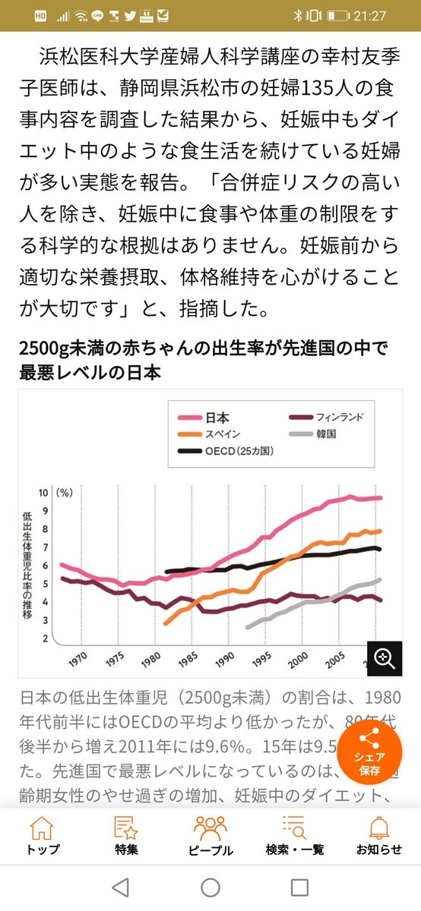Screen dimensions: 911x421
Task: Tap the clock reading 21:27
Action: click(394, 15)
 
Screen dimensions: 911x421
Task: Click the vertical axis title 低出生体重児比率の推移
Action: click(28, 566)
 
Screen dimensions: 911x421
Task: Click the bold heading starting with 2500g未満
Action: click(203, 361)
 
